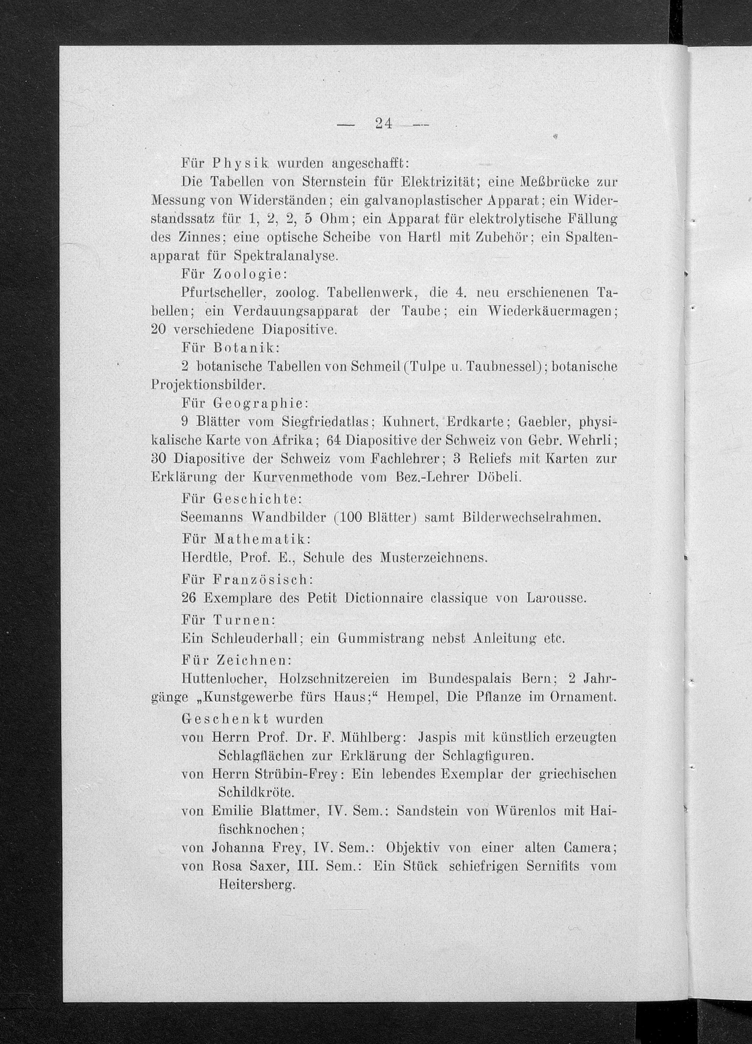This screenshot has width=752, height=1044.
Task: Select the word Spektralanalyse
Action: (285, 256)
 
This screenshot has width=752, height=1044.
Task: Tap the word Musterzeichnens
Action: (433, 558)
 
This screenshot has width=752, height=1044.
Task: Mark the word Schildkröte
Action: (256, 793)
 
